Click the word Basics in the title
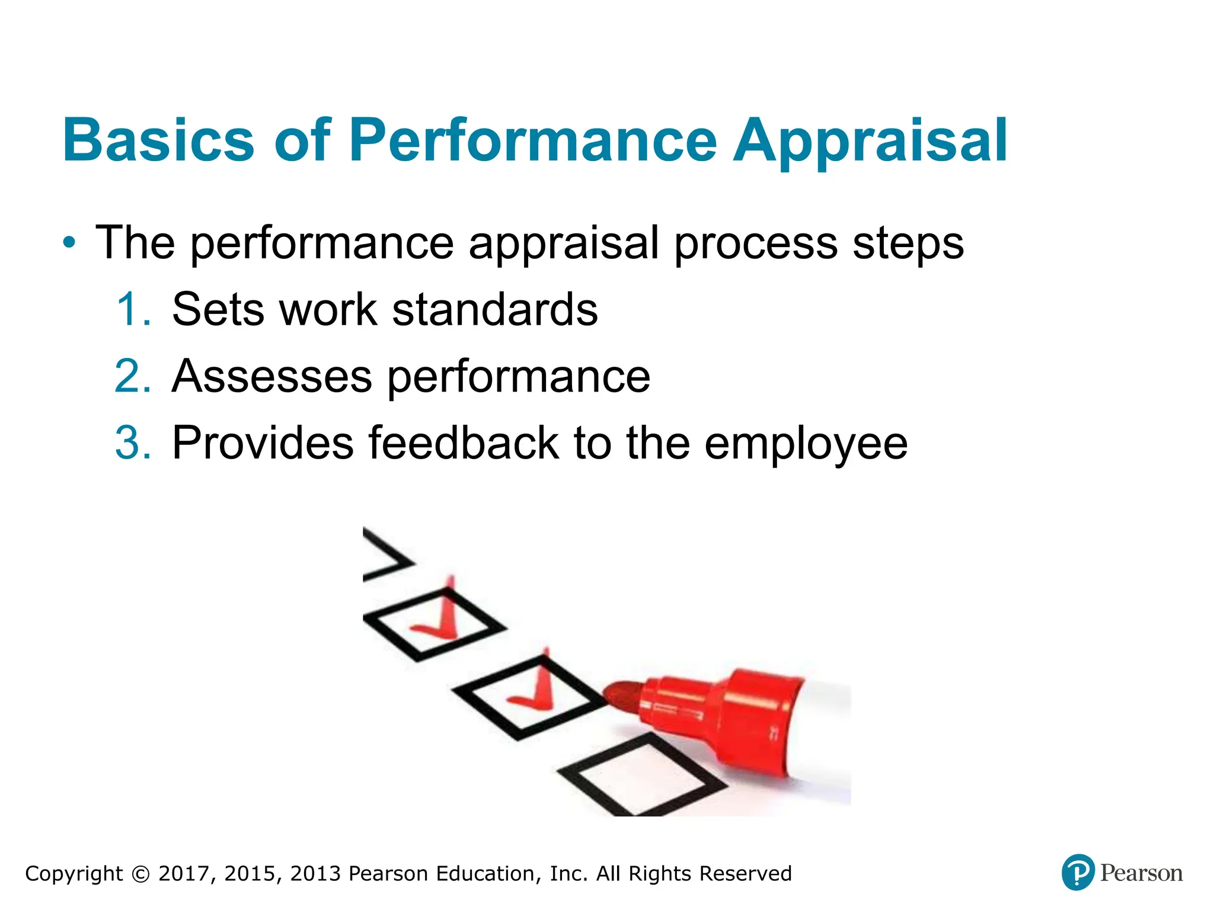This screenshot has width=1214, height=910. (x=158, y=140)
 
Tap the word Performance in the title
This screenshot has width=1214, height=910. (x=533, y=140)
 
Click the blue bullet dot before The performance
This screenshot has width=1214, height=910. (x=70, y=243)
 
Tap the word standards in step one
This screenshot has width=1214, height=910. (x=495, y=309)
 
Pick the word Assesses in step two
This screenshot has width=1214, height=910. (x=272, y=376)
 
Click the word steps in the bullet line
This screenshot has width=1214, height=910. (x=908, y=244)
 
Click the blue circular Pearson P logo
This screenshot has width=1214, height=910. (x=1077, y=873)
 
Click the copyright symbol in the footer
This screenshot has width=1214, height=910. (x=140, y=874)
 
